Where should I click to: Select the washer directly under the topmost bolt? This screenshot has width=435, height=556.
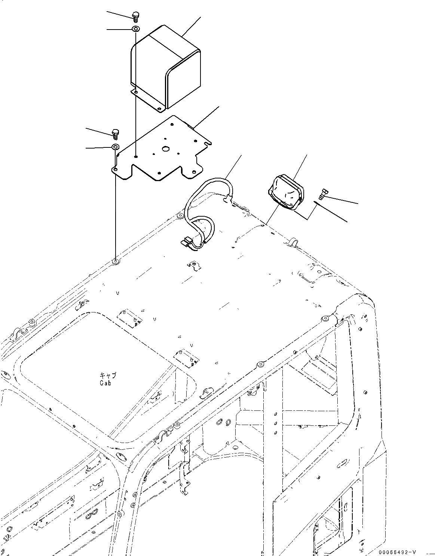[135, 29]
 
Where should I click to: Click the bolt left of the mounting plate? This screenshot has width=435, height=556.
[115, 132]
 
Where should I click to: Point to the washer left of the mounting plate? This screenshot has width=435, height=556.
[115, 147]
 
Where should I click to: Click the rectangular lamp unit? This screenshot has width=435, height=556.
[286, 191]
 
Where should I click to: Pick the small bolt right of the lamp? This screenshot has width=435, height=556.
[322, 194]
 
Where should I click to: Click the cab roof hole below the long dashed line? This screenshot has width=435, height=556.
[116, 261]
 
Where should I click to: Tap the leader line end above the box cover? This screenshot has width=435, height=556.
[201, 17]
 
